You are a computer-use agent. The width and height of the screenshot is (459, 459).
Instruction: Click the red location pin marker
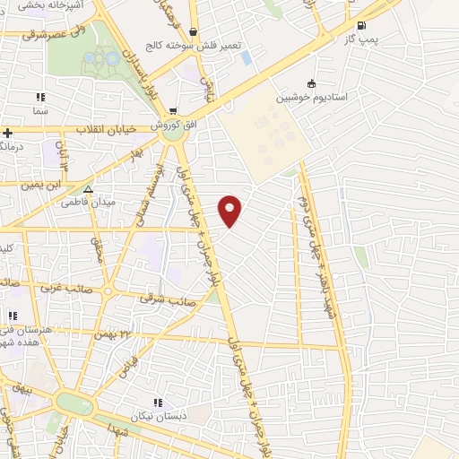[230, 210]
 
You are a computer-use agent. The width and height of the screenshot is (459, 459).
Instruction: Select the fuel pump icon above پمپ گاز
[360, 26]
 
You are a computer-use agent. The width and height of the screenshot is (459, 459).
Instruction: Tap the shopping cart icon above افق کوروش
[173, 112]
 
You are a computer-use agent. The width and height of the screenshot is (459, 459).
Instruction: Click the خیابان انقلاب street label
[105, 129]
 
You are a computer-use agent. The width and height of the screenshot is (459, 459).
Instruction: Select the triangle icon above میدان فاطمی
[88, 188]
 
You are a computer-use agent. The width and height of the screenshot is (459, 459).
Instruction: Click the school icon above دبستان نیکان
[159, 403]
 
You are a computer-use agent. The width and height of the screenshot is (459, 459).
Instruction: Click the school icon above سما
[39, 97]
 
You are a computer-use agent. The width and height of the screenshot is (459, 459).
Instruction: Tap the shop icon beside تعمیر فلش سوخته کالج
[193, 32]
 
